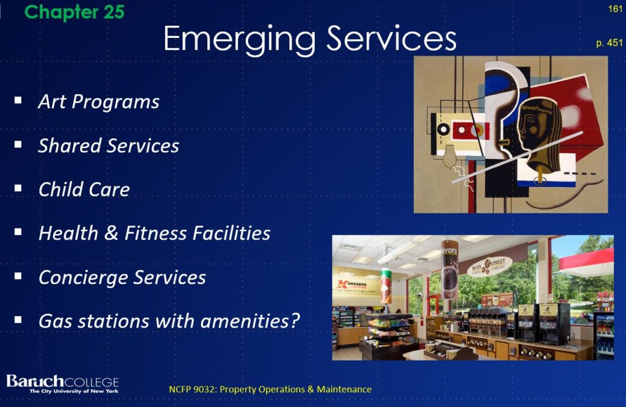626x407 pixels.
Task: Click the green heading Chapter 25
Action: [74, 12]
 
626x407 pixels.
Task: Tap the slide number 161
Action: [615, 9]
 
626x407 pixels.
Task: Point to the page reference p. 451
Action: [609, 43]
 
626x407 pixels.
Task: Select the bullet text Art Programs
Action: [98, 101]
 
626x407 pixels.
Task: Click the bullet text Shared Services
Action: [109, 145]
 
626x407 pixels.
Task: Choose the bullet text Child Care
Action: [84, 189]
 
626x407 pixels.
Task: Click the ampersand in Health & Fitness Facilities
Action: [111, 233]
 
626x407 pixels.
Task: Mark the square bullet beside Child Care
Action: [18, 188]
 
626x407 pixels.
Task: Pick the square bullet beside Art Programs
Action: [18, 100]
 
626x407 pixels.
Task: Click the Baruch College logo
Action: [62, 384]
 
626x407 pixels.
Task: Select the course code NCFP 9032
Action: [193, 389]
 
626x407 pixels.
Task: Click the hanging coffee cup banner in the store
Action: [449, 269]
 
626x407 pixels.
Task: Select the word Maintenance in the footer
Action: [344, 389]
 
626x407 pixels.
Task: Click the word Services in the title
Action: [392, 38]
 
